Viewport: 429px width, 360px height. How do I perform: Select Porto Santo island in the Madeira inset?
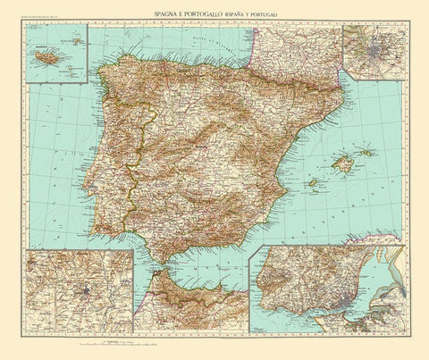78,38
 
